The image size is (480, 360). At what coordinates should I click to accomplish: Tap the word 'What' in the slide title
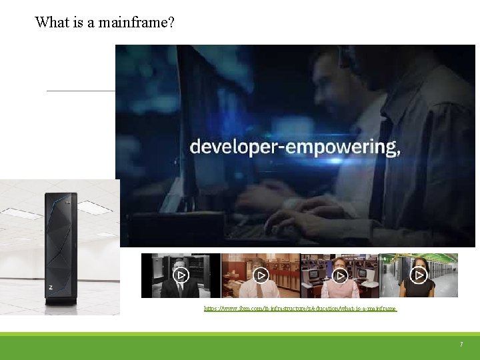click(51, 22)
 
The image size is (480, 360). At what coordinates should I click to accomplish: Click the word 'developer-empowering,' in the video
click(295, 147)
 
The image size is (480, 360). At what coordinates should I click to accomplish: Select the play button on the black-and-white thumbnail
click(181, 275)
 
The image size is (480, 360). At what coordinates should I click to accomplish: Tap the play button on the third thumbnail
click(339, 275)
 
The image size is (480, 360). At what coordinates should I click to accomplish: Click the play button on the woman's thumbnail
click(419, 275)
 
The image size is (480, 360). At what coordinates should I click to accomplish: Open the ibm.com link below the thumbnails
click(300, 309)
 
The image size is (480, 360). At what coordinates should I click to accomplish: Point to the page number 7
click(461, 345)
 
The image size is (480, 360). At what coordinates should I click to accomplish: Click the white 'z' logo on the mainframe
click(51, 287)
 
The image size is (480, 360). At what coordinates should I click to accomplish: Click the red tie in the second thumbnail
click(261, 291)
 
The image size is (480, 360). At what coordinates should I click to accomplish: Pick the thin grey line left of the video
click(80, 91)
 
